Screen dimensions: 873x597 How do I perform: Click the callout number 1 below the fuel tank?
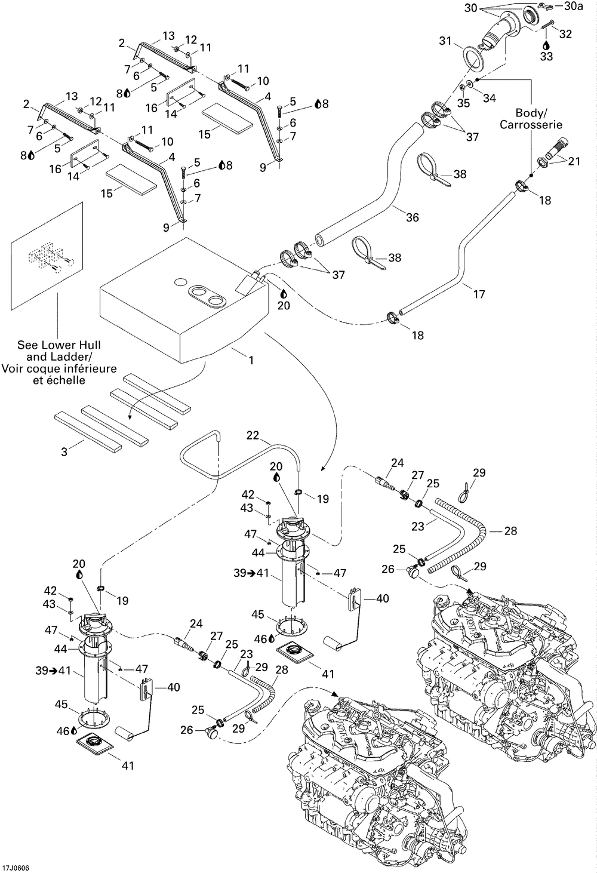point(251,361)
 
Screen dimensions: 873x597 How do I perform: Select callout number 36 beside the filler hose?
point(413,217)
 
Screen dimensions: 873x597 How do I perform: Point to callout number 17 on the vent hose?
point(479,294)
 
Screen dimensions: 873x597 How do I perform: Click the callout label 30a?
point(573,7)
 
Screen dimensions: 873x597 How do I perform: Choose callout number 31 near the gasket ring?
point(445,41)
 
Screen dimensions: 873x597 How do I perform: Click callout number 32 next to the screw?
point(565,34)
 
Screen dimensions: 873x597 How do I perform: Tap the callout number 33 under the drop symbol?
point(547,57)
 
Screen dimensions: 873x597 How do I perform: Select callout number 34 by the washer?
point(489,98)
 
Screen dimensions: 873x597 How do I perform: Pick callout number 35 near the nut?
point(463,103)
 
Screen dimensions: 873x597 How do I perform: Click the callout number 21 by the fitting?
point(574,161)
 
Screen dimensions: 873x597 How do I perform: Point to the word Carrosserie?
point(531,125)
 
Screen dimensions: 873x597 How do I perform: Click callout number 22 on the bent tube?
point(253,436)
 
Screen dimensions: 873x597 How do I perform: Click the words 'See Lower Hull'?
point(59,345)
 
